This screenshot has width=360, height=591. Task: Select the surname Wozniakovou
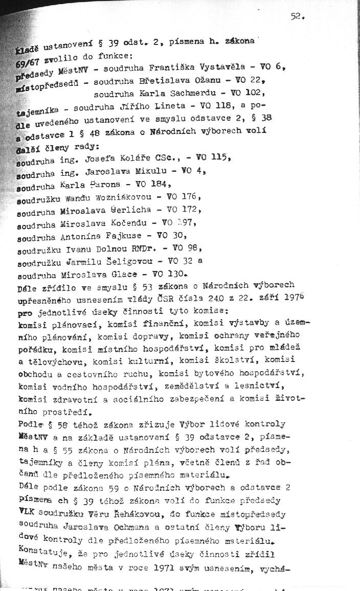click(138, 196)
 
